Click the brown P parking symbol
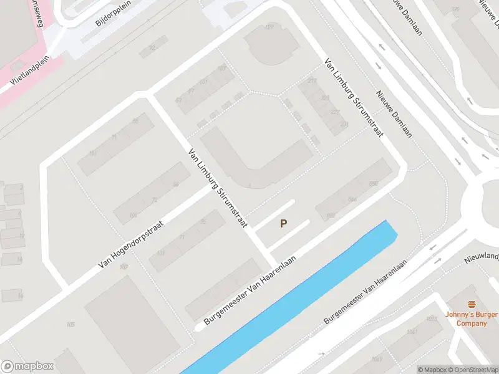tap(284, 223)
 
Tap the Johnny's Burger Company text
tap(471, 319)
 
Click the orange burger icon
tap(471, 304)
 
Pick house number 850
tap(373, 183)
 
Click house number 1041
tap(412, 332)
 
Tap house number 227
tap(336, 112)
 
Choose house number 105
tap(70, 325)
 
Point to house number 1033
tap(431, 319)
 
